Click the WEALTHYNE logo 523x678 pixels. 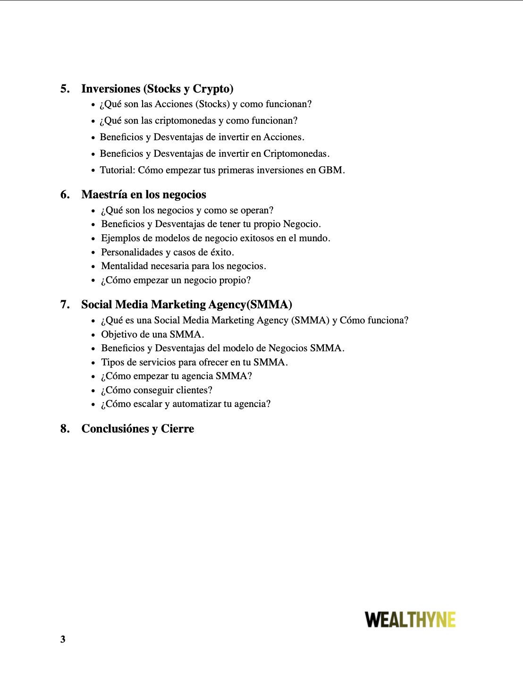click(410, 619)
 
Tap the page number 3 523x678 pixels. click(63, 639)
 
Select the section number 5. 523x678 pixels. click(65, 89)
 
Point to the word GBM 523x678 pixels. click(330, 170)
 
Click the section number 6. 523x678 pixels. click(65, 195)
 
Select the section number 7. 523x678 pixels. click(65, 305)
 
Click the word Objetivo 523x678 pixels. click(118, 334)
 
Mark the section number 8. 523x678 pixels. click(65, 429)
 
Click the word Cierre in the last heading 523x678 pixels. click(177, 429)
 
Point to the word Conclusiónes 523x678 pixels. click(115, 429)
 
